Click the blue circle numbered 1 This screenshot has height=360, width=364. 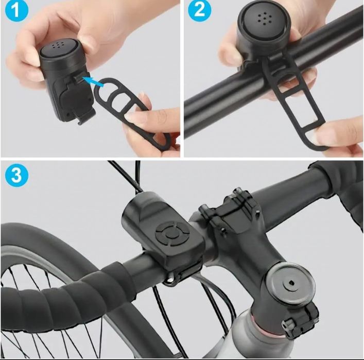click(x=16, y=10)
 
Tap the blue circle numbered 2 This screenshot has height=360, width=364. click(x=199, y=10)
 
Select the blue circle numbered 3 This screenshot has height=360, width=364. click(x=16, y=175)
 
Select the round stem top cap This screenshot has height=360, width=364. click(x=291, y=284)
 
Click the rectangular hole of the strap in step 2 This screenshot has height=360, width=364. click(x=299, y=111)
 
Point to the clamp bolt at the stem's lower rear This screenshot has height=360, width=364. click(x=288, y=324)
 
